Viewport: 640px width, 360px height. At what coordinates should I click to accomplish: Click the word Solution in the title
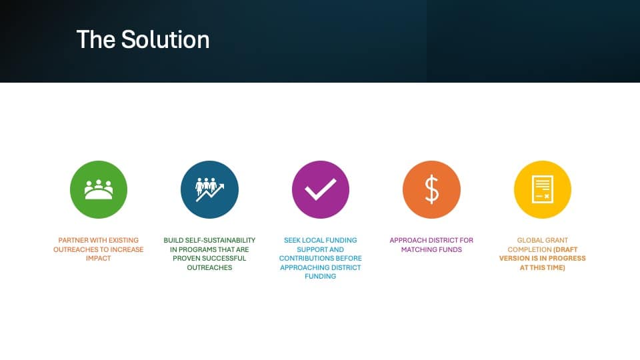(x=165, y=39)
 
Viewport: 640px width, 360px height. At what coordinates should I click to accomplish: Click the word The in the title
(x=96, y=39)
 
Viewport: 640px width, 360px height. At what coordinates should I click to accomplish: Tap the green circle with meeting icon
(x=99, y=189)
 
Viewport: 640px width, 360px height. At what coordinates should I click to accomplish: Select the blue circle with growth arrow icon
(x=209, y=189)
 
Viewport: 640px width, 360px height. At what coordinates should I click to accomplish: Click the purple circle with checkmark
(x=321, y=189)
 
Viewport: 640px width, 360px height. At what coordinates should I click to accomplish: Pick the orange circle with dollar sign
(x=431, y=189)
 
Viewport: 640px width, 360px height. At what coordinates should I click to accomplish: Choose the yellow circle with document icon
(x=543, y=189)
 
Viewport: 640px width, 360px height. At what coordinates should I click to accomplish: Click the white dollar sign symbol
(x=432, y=189)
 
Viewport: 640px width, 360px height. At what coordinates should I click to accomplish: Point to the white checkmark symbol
(x=321, y=190)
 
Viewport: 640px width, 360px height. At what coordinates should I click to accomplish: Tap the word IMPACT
(x=99, y=259)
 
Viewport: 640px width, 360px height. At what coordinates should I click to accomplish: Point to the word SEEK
(x=292, y=241)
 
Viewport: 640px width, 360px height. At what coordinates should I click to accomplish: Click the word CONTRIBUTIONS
(x=301, y=259)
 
